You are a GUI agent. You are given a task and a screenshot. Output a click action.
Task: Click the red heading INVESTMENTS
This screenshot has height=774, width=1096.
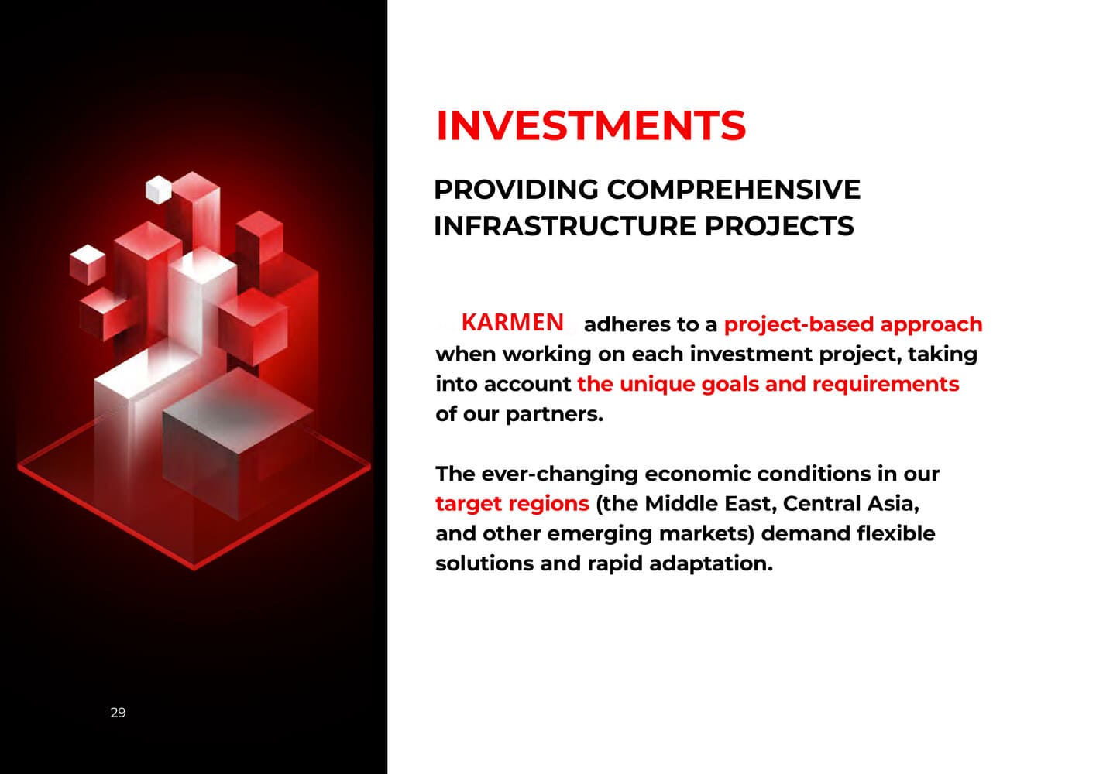click(591, 125)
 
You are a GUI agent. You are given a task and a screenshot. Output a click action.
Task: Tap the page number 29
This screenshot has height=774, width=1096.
click(118, 712)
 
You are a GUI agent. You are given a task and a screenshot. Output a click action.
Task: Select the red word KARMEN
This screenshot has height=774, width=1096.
click(512, 323)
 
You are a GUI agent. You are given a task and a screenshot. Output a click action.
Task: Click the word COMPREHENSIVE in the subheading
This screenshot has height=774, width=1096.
click(734, 189)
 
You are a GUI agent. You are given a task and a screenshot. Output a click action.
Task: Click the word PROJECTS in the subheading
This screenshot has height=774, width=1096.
click(779, 226)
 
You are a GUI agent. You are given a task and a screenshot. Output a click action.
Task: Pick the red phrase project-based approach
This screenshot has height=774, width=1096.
click(854, 324)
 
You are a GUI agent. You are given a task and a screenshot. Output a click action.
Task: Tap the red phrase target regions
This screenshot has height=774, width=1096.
click(512, 504)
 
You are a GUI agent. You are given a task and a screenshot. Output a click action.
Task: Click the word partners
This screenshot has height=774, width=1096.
click(555, 414)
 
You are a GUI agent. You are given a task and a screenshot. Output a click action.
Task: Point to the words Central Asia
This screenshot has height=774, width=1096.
click(851, 503)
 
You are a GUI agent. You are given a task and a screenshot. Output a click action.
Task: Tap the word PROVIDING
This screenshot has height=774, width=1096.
click(516, 189)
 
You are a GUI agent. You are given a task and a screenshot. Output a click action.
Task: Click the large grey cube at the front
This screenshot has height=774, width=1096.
click(237, 445)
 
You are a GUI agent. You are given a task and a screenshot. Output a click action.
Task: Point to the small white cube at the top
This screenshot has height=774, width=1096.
click(159, 190)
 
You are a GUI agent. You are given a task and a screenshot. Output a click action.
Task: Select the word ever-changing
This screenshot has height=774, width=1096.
click(560, 474)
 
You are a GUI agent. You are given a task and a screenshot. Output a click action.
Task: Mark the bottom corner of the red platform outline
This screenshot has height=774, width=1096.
click(194, 569)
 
